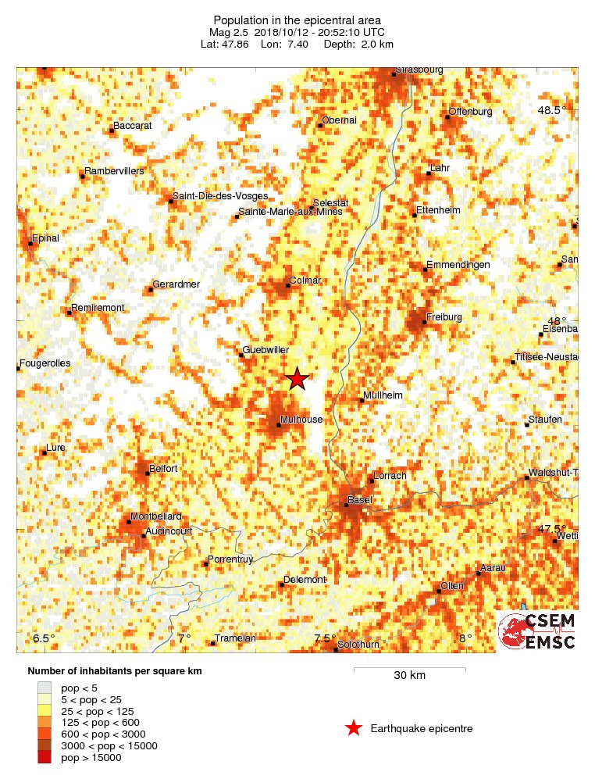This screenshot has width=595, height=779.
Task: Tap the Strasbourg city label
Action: tap(419, 70)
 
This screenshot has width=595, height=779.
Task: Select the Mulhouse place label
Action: tap(301, 420)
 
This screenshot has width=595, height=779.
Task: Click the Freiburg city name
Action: tap(445, 316)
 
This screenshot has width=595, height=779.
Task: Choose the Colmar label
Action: tap(305, 280)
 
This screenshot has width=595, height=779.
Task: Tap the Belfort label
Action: tap(162, 468)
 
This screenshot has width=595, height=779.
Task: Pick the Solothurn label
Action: tap(358, 644)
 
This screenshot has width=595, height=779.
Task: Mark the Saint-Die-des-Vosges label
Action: tap(220, 195)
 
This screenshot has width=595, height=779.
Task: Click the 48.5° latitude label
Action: tap(551, 110)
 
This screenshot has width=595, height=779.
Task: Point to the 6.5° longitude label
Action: tap(45, 638)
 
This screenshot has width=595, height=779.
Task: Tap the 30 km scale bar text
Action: tap(409, 675)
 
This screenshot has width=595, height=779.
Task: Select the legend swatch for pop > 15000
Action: tap(44, 757)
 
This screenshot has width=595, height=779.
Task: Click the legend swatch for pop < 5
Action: tap(44, 687)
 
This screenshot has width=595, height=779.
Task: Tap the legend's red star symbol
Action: tap(354, 729)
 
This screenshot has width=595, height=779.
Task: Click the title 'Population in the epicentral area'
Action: tap(297, 20)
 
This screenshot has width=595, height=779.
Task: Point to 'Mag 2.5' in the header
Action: tap(228, 32)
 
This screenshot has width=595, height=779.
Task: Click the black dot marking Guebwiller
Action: tap(241, 356)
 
